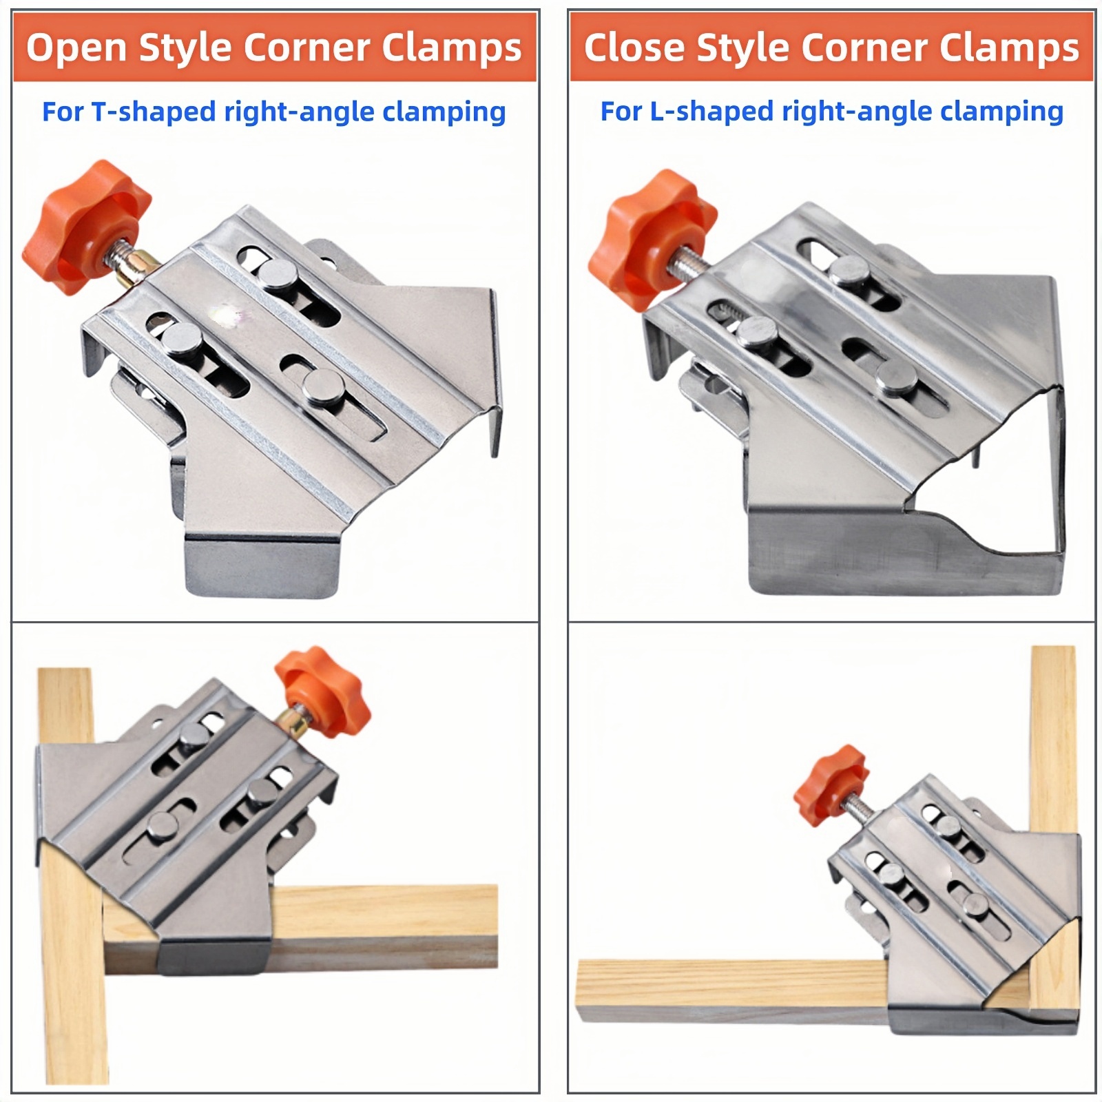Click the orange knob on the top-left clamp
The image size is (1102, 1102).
pyautogui.click(x=86, y=227)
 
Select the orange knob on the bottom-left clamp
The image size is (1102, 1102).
pyautogui.click(x=322, y=691)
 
